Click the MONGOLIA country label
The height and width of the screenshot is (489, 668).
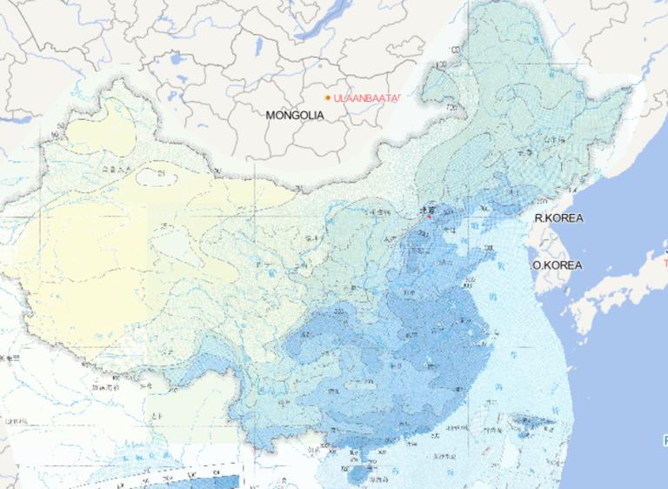(x=295, y=115)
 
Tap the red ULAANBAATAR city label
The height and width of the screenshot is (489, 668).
(x=365, y=98)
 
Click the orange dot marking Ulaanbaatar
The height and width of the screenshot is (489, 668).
(x=328, y=98)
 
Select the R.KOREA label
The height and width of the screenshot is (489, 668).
(x=558, y=218)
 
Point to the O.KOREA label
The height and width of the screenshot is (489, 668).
(x=558, y=265)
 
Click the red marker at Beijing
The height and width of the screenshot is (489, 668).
(x=427, y=219)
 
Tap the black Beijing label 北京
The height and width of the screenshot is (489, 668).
(x=425, y=210)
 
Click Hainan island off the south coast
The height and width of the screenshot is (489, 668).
(x=359, y=475)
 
